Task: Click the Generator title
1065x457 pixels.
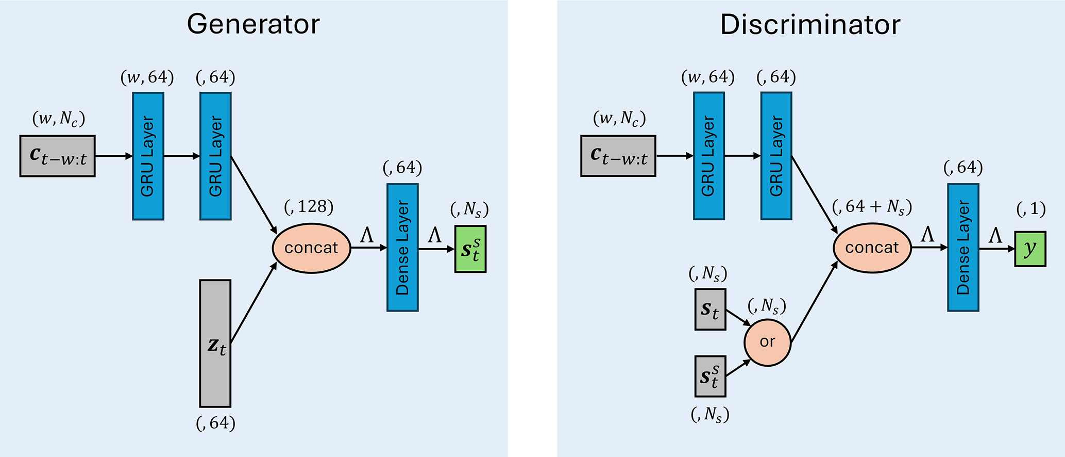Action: (x=253, y=24)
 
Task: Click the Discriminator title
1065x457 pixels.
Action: (x=810, y=24)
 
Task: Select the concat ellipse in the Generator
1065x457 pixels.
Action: (x=311, y=248)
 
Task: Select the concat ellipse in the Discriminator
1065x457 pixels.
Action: (x=872, y=248)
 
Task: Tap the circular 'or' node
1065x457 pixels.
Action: (x=767, y=342)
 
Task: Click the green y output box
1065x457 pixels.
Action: (x=1030, y=249)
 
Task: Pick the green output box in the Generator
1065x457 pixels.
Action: (x=470, y=249)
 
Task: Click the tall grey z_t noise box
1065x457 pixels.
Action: (x=215, y=344)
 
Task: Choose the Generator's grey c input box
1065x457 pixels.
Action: (x=58, y=156)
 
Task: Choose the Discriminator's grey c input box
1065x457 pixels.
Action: (x=618, y=156)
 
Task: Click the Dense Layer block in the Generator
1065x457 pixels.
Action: (x=402, y=248)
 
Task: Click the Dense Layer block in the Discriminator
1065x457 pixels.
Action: (x=963, y=248)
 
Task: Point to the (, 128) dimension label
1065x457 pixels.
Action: (x=309, y=207)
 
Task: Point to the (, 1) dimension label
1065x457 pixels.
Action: (x=1030, y=209)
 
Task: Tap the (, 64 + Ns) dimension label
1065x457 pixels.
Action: (x=872, y=207)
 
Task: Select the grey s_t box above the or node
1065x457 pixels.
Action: (x=710, y=309)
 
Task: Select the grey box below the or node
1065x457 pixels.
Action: (x=710, y=377)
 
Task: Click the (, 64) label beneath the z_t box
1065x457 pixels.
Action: (x=215, y=423)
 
